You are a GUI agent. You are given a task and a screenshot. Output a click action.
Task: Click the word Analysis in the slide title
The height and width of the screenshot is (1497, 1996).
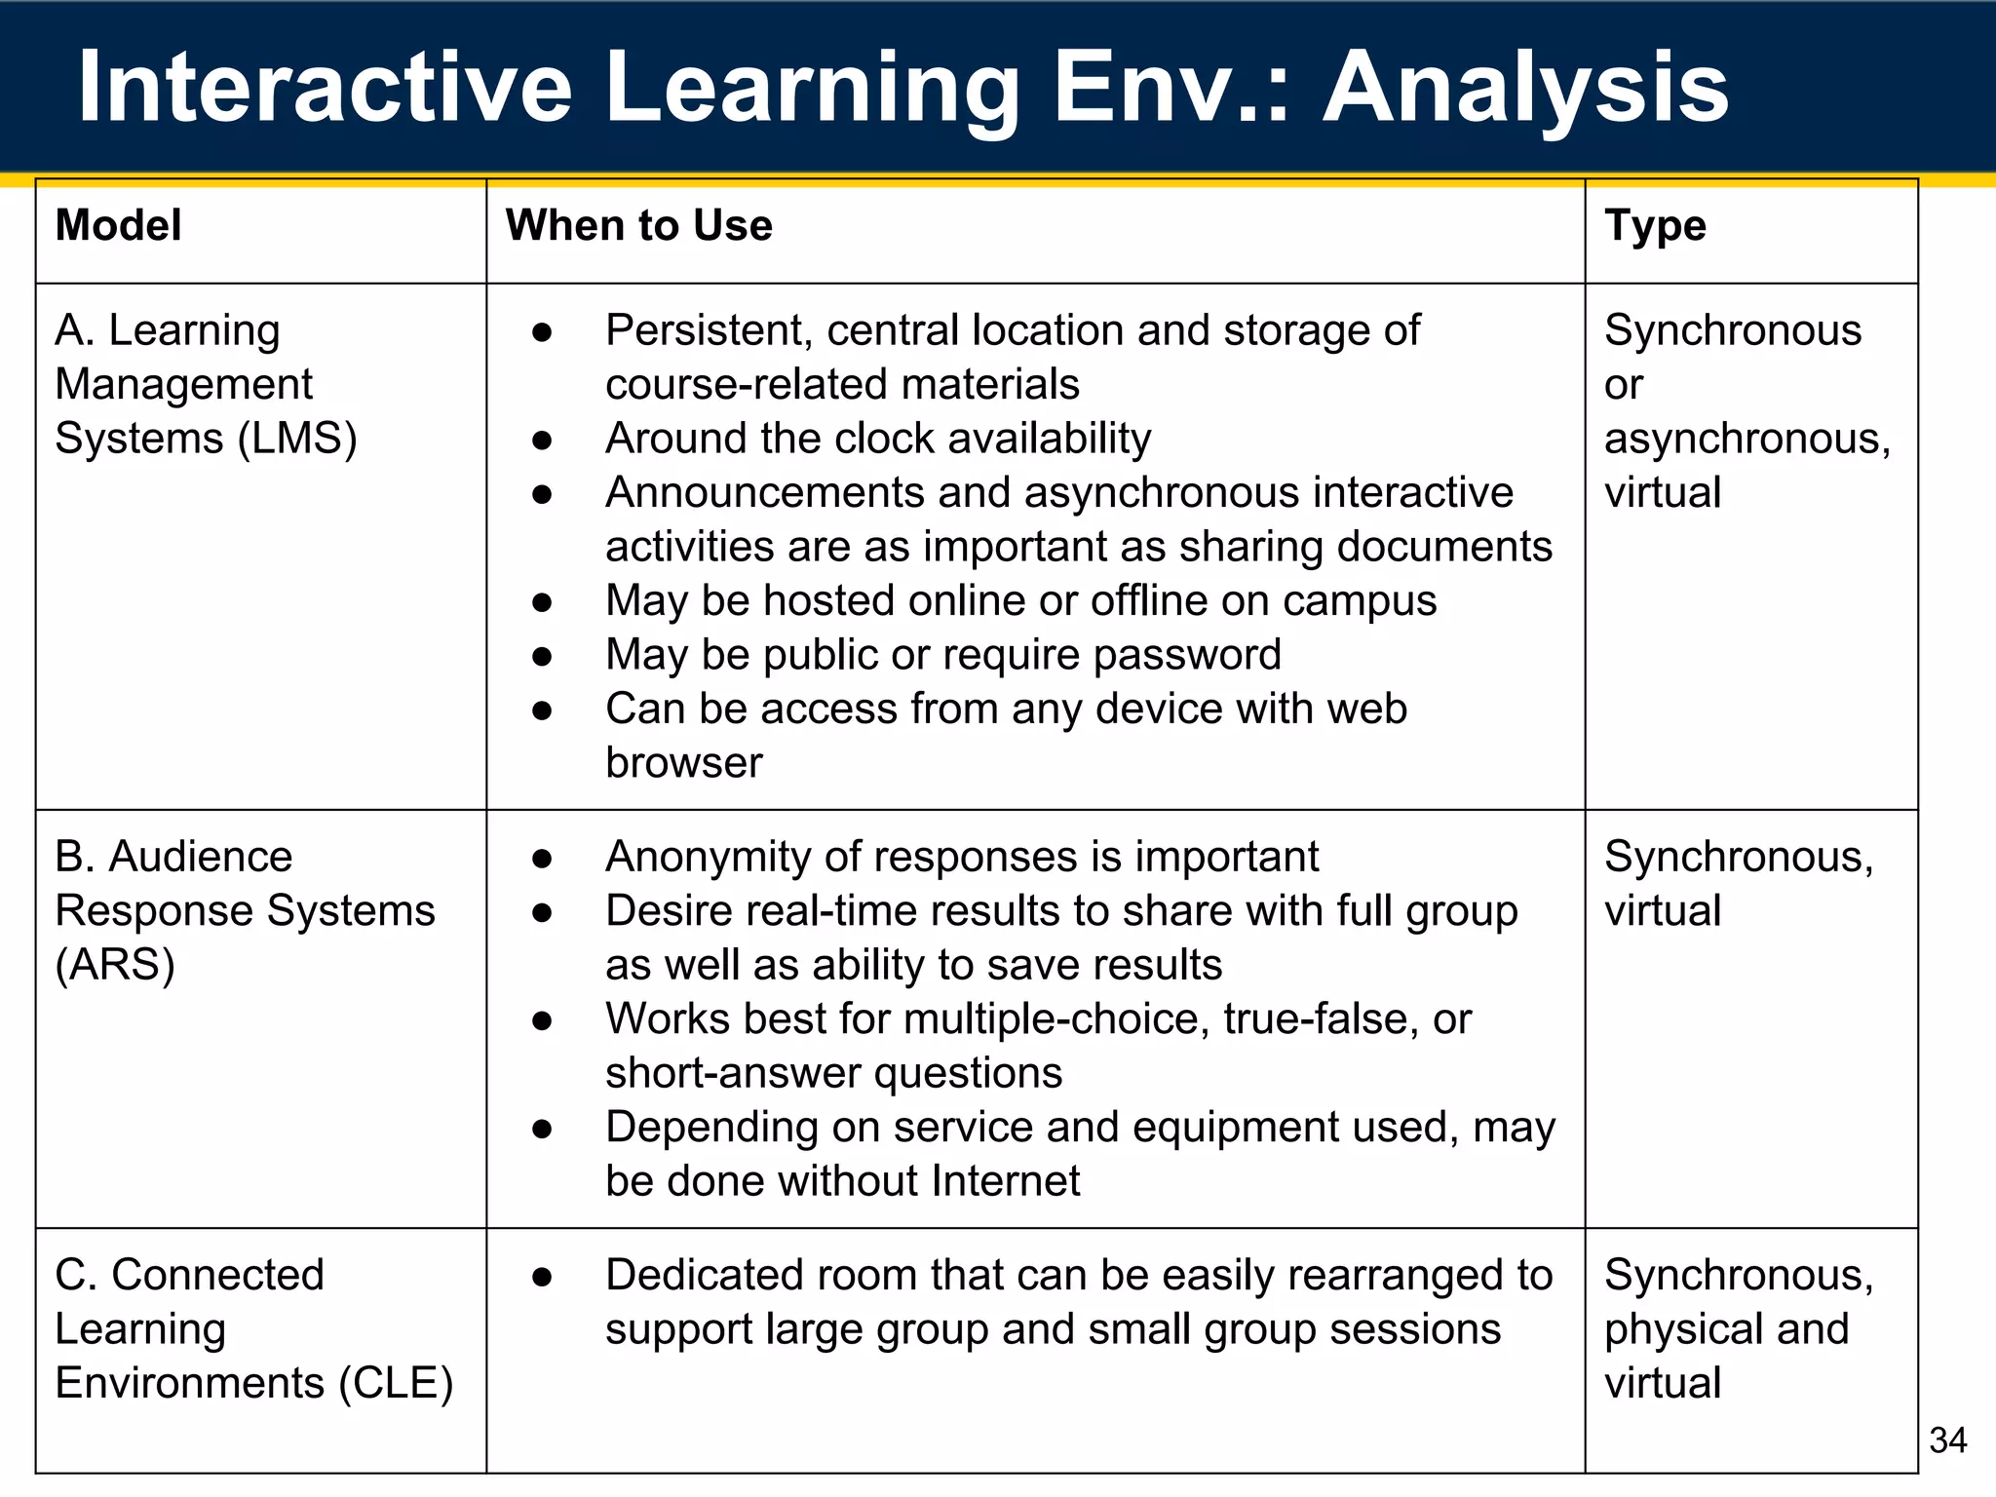pos(1524,90)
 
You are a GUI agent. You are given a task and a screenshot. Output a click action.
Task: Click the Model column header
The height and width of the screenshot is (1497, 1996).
pos(118,225)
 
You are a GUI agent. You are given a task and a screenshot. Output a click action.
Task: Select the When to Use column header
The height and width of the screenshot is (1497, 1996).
pos(638,225)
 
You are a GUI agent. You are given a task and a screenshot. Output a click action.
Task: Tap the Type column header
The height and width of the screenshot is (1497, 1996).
pos(1655,227)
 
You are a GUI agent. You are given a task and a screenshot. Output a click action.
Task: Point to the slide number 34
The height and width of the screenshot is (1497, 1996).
pos(1947,1439)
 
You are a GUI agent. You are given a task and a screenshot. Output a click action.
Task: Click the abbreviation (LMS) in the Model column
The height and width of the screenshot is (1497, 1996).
pos(297,439)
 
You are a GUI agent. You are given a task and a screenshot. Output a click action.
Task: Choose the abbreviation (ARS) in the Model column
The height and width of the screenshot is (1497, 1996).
pos(115,965)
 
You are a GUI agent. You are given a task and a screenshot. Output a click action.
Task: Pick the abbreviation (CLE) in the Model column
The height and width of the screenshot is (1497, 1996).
pos(396,1383)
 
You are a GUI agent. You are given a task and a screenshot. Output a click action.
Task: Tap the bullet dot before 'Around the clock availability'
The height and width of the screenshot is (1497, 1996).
pos(543,441)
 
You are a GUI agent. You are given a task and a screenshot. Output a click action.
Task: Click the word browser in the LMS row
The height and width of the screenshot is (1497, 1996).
pos(683,763)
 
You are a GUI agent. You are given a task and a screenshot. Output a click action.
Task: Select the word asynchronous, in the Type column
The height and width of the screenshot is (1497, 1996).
pos(1747,440)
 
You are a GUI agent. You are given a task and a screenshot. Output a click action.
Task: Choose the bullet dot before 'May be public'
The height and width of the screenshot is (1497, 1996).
pos(543,657)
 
